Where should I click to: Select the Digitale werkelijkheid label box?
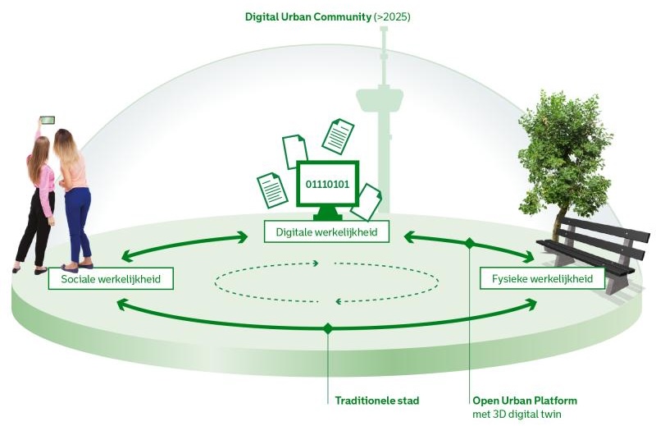[326, 232]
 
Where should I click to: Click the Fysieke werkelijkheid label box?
[542, 279]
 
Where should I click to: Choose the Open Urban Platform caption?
[525, 401]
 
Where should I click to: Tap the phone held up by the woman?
[48, 120]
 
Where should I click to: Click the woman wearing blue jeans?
[75, 197]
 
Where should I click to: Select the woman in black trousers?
[37, 197]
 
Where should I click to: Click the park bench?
[590, 246]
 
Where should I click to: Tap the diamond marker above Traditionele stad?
[328, 328]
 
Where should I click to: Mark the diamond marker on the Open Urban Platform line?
[470, 244]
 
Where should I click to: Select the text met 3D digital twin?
[517, 414]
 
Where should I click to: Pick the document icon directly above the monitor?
[337, 136]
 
